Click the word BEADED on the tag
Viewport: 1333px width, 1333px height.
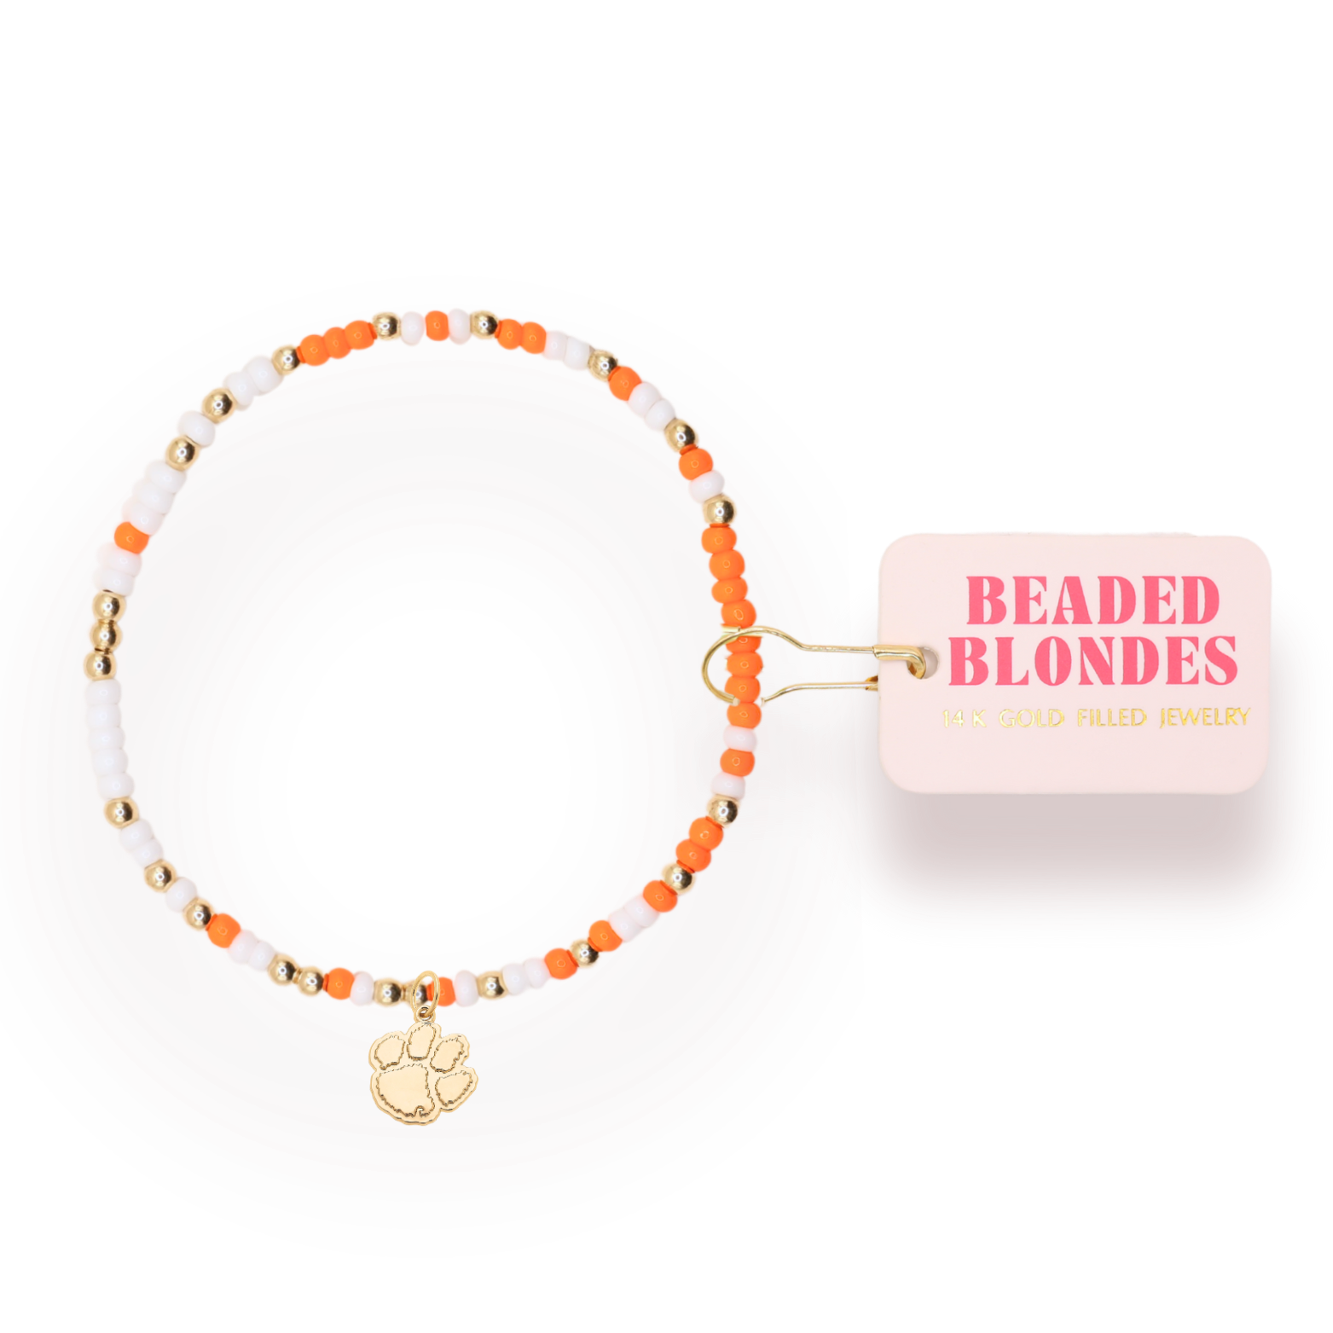pos(1092,601)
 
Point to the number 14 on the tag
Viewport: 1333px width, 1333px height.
pos(953,718)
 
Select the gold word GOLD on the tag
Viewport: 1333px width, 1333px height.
pos(1031,718)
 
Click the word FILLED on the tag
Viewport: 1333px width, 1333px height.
pos(1110,718)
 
